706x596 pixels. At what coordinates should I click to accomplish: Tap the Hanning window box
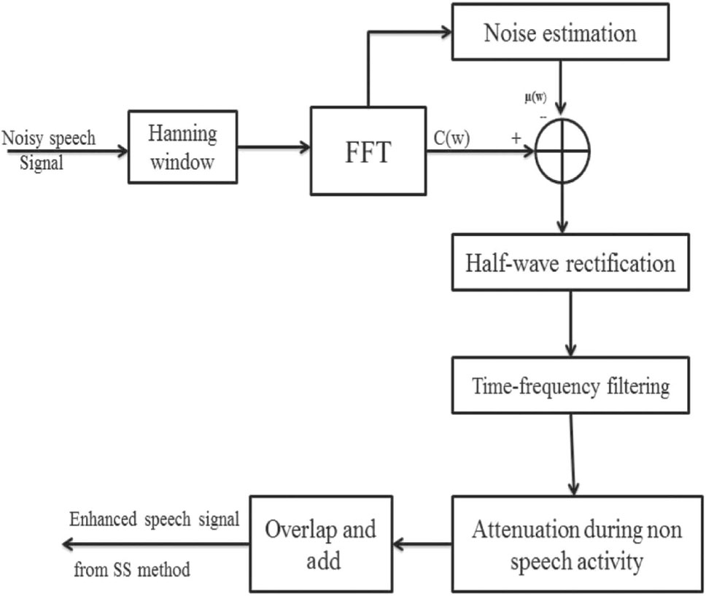point(182,146)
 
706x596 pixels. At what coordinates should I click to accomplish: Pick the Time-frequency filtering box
point(570,385)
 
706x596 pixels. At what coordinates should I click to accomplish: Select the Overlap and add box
point(321,543)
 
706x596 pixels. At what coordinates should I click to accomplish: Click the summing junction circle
point(562,151)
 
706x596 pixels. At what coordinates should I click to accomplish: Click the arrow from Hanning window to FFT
point(274,147)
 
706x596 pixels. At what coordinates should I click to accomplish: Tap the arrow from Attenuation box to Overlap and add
point(423,544)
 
